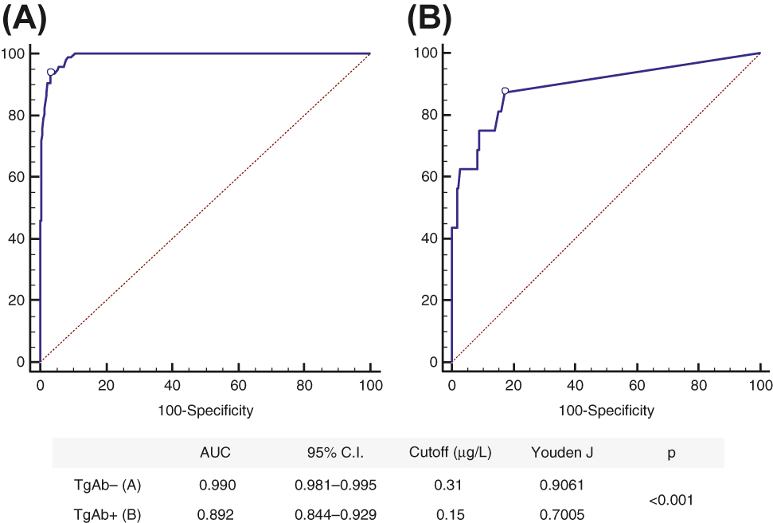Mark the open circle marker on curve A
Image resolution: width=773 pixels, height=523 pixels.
[x=51, y=72]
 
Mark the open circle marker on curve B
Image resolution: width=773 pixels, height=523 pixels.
[x=505, y=91]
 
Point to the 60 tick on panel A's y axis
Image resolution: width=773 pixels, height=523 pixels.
[x=14, y=177]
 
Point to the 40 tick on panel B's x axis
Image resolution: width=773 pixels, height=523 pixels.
[x=575, y=384]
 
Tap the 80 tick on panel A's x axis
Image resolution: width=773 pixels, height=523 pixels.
[x=304, y=384]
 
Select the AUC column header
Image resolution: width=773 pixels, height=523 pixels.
[x=215, y=452]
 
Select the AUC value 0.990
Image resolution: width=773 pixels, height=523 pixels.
[x=215, y=484]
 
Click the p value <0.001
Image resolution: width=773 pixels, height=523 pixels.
[x=670, y=500]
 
